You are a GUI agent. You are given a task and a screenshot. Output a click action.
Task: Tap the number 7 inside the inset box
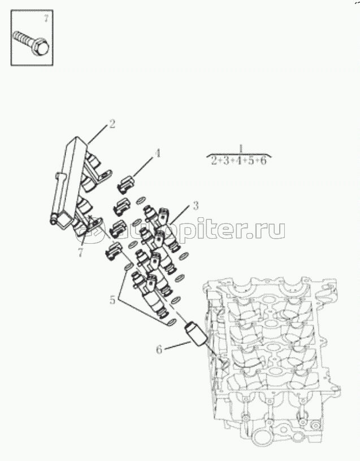pyautogui.click(x=46, y=18)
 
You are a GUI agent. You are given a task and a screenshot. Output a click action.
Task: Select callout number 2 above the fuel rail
pyautogui.click(x=112, y=124)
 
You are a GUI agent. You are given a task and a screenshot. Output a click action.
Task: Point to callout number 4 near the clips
pyautogui.click(x=158, y=153)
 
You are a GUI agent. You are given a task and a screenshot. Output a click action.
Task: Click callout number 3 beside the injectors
pyautogui.click(x=196, y=206)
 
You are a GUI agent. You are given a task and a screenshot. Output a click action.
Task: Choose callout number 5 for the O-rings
pyautogui.click(x=112, y=300)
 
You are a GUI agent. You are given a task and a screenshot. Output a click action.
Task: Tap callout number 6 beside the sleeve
pyautogui.click(x=159, y=350)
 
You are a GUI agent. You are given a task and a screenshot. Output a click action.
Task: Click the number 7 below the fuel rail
pyautogui.click(x=81, y=253)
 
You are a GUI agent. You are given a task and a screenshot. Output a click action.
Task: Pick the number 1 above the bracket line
pyautogui.click(x=241, y=148)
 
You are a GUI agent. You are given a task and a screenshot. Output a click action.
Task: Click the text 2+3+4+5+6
pyautogui.click(x=238, y=161)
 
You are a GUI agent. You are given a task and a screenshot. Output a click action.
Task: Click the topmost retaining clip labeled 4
pyautogui.click(x=125, y=184)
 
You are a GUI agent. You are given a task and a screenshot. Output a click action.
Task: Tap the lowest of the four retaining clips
pyautogui.click(x=114, y=251)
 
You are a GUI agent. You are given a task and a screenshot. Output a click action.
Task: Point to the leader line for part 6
pyautogui.click(x=177, y=345)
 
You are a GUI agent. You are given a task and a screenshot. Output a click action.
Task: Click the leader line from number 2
pyautogui.click(x=97, y=135)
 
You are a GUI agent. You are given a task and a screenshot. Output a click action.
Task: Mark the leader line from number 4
pyautogui.click(x=144, y=167)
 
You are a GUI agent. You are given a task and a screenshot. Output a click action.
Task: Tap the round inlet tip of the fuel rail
pyautogui.click(x=53, y=221)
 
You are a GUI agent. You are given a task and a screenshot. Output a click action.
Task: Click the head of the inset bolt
pyautogui.click(x=41, y=47)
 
